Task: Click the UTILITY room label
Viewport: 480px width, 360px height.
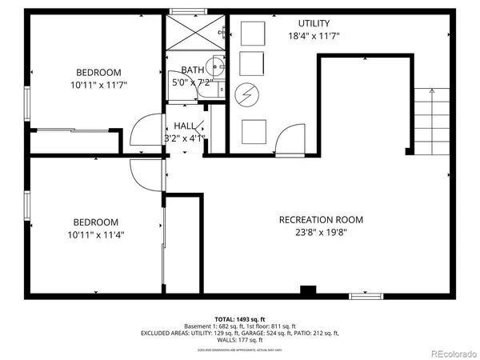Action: pyautogui.click(x=314, y=23)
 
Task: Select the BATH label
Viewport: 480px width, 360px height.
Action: pyautogui.click(x=193, y=70)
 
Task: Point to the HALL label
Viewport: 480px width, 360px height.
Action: pyautogui.click(x=185, y=125)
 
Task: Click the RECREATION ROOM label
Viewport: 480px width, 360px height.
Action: pyautogui.click(x=321, y=220)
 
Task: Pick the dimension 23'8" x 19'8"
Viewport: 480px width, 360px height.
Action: pyautogui.click(x=321, y=234)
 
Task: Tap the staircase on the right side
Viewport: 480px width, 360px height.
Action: pyautogui.click(x=430, y=120)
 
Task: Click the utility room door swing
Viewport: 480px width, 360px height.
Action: pyautogui.click(x=286, y=141)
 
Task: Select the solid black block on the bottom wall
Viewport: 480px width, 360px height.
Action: pyautogui.click(x=308, y=290)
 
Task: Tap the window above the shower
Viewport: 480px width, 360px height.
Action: pyautogui.click(x=185, y=10)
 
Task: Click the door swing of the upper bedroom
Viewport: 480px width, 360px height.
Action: pyautogui.click(x=144, y=131)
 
